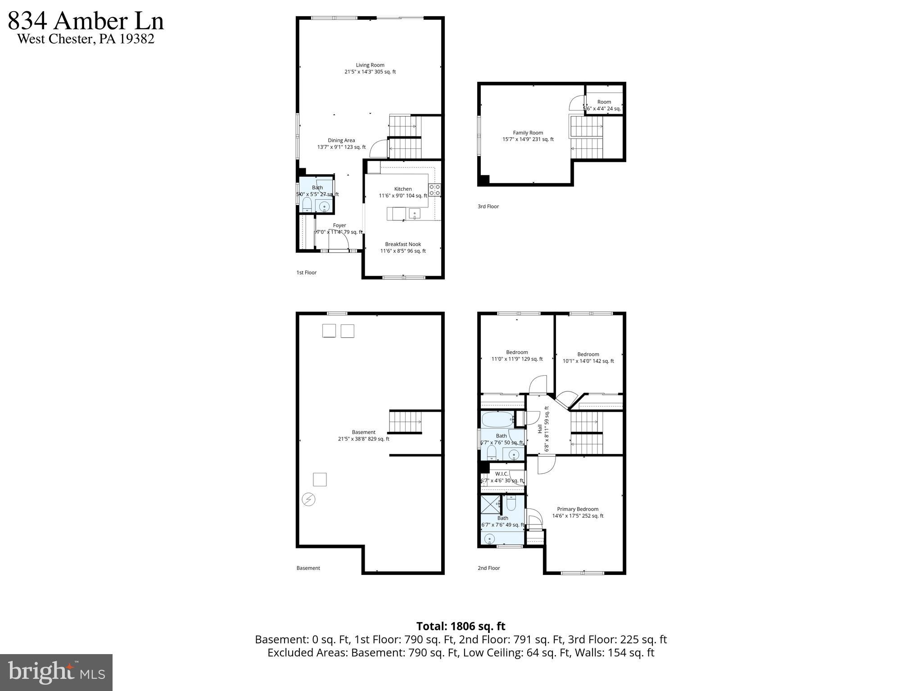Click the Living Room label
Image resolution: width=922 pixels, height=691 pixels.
coord(370,65)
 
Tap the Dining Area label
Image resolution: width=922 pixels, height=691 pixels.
coord(341,140)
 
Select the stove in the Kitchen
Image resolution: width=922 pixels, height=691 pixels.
coord(434,190)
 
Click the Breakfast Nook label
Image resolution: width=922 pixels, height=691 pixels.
coord(403,244)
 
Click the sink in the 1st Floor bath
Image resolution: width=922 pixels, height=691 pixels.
coord(324,207)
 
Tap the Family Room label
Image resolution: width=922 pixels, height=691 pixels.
coord(528,133)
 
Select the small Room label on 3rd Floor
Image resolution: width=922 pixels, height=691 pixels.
coord(604,102)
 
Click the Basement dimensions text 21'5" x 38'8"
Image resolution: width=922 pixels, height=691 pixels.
coord(363,439)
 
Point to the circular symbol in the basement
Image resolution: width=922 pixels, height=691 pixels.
coord(308,499)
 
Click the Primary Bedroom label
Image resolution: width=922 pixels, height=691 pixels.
coord(578,509)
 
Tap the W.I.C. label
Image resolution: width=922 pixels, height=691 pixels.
coord(502,474)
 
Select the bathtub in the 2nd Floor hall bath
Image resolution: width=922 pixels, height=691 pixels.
coord(498,420)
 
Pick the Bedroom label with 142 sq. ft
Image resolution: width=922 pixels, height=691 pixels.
coord(588,354)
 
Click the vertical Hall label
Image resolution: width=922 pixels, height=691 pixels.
coord(540,429)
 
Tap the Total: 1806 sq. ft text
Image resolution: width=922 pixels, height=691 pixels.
coord(461,626)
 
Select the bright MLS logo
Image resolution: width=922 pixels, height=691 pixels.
coord(56,672)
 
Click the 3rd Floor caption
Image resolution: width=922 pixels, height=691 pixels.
coord(488,206)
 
